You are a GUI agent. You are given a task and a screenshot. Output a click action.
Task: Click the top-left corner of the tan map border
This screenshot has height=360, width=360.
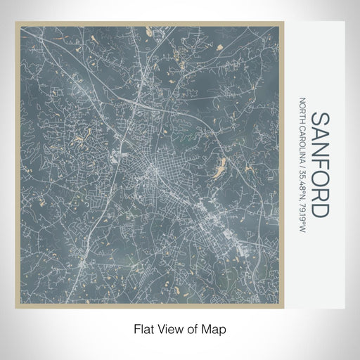point(16,22)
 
